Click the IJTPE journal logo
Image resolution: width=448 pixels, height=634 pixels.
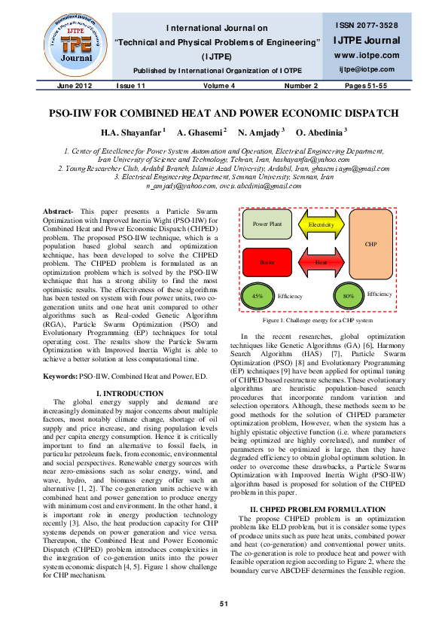coord(68,40)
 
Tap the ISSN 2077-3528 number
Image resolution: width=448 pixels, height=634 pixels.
coord(366,26)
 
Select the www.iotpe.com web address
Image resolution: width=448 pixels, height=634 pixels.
coord(366,56)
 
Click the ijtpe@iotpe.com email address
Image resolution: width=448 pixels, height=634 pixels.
coord(366,69)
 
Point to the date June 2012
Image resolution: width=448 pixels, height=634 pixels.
coord(72,87)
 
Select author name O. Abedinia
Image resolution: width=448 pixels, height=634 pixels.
coord(324,131)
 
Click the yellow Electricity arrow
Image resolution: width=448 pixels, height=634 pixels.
coord(321,224)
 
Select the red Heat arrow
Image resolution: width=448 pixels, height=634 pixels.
coord(321,262)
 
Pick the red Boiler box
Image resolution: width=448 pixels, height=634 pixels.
coord(267,262)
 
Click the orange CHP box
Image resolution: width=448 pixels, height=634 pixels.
coord(370,244)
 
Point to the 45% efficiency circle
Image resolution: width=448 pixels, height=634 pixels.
coord(258,297)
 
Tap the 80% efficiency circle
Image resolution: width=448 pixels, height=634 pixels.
coord(348,297)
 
